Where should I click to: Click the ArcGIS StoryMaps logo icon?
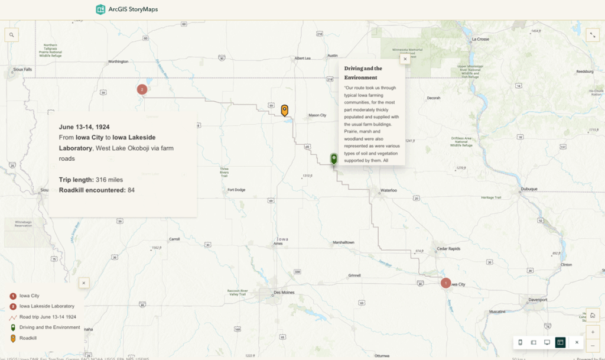coord(100,9)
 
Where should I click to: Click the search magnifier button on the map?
coord(11,35)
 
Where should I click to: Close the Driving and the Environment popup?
coord(405,59)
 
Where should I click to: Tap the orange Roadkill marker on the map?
coord(285,110)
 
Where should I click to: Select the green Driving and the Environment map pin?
coord(334,159)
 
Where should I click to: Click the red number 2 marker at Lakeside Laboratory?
coord(142,89)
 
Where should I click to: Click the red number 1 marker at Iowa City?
coord(445,283)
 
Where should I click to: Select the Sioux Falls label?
coord(22,69)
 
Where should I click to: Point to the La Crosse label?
coord(480,39)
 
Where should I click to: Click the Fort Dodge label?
coord(236,190)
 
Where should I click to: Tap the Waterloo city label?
coord(389,190)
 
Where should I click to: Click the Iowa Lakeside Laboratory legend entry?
coord(47,306)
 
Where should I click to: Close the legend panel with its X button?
coord(84,283)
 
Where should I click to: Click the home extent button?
coord(593,315)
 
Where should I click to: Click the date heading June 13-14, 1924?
coord(84,127)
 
